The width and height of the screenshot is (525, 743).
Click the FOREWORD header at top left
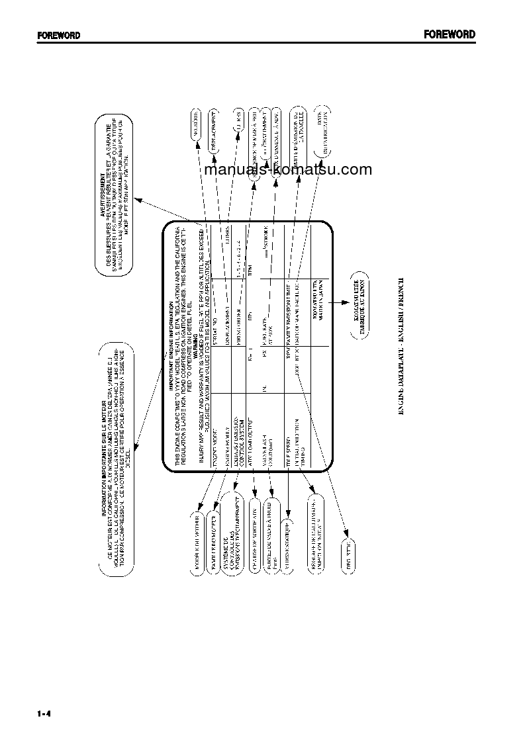tap(58, 36)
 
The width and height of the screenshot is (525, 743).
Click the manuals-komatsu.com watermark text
tap(289, 170)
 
